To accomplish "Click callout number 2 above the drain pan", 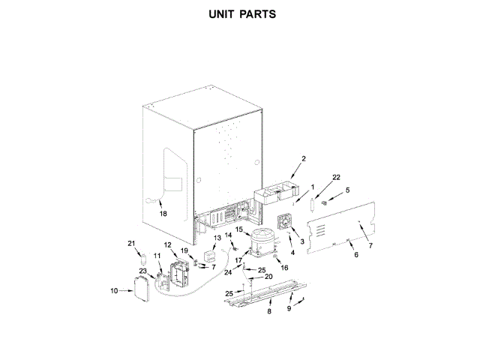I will pyautogui.click(x=303, y=159).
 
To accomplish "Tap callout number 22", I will pyautogui.click(x=336, y=177).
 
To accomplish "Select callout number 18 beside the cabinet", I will pyautogui.click(x=163, y=213).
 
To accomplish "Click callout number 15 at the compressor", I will pyautogui.click(x=239, y=229).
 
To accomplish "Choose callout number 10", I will pyautogui.click(x=114, y=290).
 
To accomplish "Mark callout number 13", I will pyautogui.click(x=217, y=238).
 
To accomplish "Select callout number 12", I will pyautogui.click(x=168, y=245).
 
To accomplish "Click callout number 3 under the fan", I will pyautogui.click(x=301, y=241).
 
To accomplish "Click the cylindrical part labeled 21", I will pyautogui.click(x=140, y=259).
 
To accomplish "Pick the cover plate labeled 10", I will pyautogui.click(x=140, y=289).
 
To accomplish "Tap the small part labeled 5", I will pyautogui.click(x=325, y=202).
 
